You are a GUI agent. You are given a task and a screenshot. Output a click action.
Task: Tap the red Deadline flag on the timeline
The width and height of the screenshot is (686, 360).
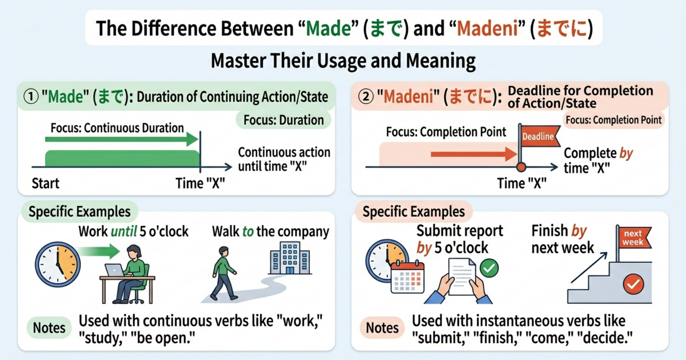537,136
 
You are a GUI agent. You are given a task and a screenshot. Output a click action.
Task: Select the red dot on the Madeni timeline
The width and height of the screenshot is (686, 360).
521,167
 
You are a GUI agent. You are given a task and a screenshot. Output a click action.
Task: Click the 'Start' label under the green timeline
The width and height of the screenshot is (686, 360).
46,183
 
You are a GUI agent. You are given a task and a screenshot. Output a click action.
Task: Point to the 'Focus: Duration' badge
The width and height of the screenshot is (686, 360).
284,120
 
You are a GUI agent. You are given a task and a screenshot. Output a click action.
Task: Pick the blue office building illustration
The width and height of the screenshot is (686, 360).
285,258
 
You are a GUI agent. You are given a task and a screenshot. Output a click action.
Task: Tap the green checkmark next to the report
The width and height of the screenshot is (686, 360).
489,267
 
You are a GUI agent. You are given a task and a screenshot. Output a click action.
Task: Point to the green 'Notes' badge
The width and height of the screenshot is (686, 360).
49,328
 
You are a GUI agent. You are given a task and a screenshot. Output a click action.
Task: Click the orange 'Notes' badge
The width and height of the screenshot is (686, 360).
382,328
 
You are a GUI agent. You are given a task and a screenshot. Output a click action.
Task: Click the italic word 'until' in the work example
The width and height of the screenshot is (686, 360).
125,231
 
